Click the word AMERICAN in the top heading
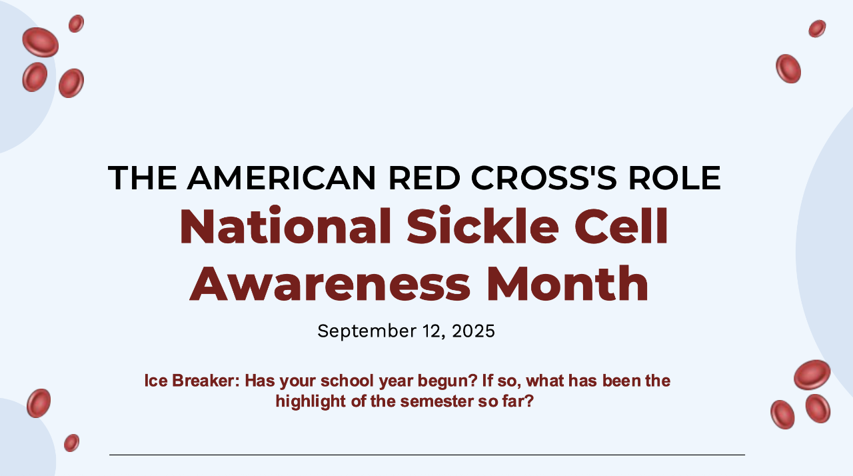281,177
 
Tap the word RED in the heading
425,177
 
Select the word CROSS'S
544,177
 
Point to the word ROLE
674,177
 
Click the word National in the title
285,225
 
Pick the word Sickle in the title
483,225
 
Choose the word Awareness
330,284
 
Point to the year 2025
473,331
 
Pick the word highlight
311,402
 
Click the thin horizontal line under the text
427,455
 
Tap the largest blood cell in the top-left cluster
41,42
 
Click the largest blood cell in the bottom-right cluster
812,375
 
